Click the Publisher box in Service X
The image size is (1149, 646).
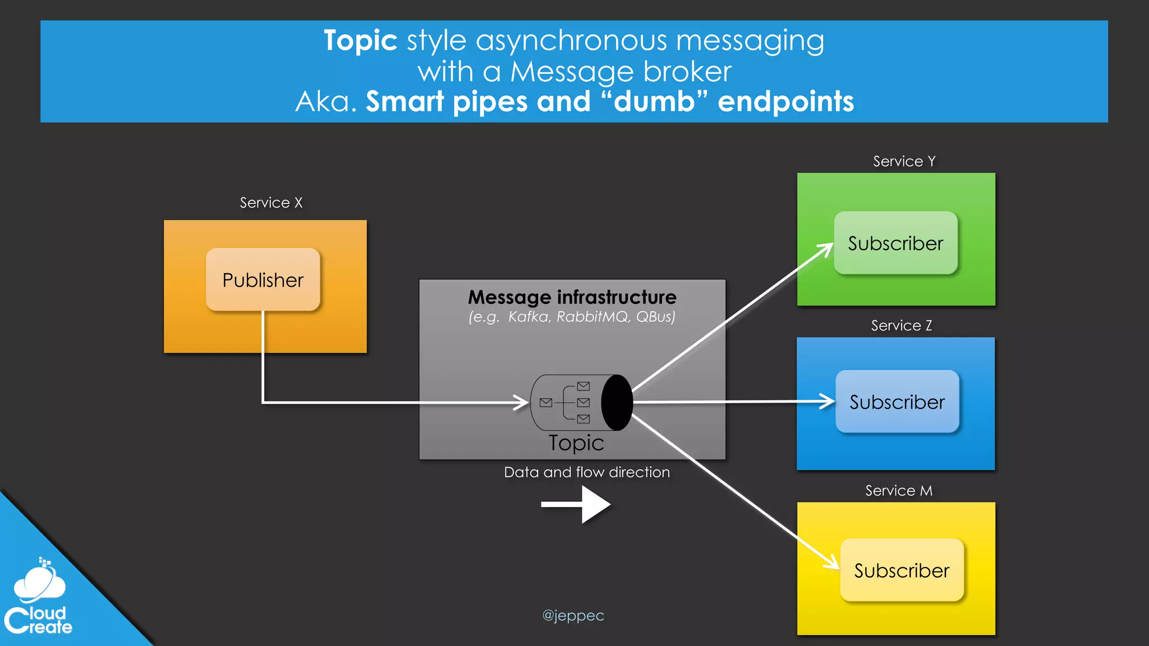(x=263, y=279)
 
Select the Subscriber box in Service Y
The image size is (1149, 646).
(x=895, y=243)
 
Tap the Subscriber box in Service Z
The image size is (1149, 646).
(x=897, y=402)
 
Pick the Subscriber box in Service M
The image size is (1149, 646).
(x=902, y=570)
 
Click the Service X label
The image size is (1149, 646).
(x=271, y=202)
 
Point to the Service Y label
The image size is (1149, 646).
(x=904, y=161)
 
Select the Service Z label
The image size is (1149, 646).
(x=901, y=326)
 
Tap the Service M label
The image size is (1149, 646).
(x=898, y=491)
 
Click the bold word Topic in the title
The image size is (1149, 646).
(x=360, y=41)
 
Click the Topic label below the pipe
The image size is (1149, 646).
(x=576, y=443)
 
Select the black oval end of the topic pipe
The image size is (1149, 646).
(x=617, y=403)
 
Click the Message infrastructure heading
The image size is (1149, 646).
(x=572, y=297)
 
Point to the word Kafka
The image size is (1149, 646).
(x=528, y=317)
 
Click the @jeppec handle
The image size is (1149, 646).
(x=573, y=616)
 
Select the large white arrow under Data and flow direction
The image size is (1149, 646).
(x=576, y=504)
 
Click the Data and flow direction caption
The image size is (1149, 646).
(x=587, y=472)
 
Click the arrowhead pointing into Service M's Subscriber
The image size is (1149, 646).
(x=833, y=562)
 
